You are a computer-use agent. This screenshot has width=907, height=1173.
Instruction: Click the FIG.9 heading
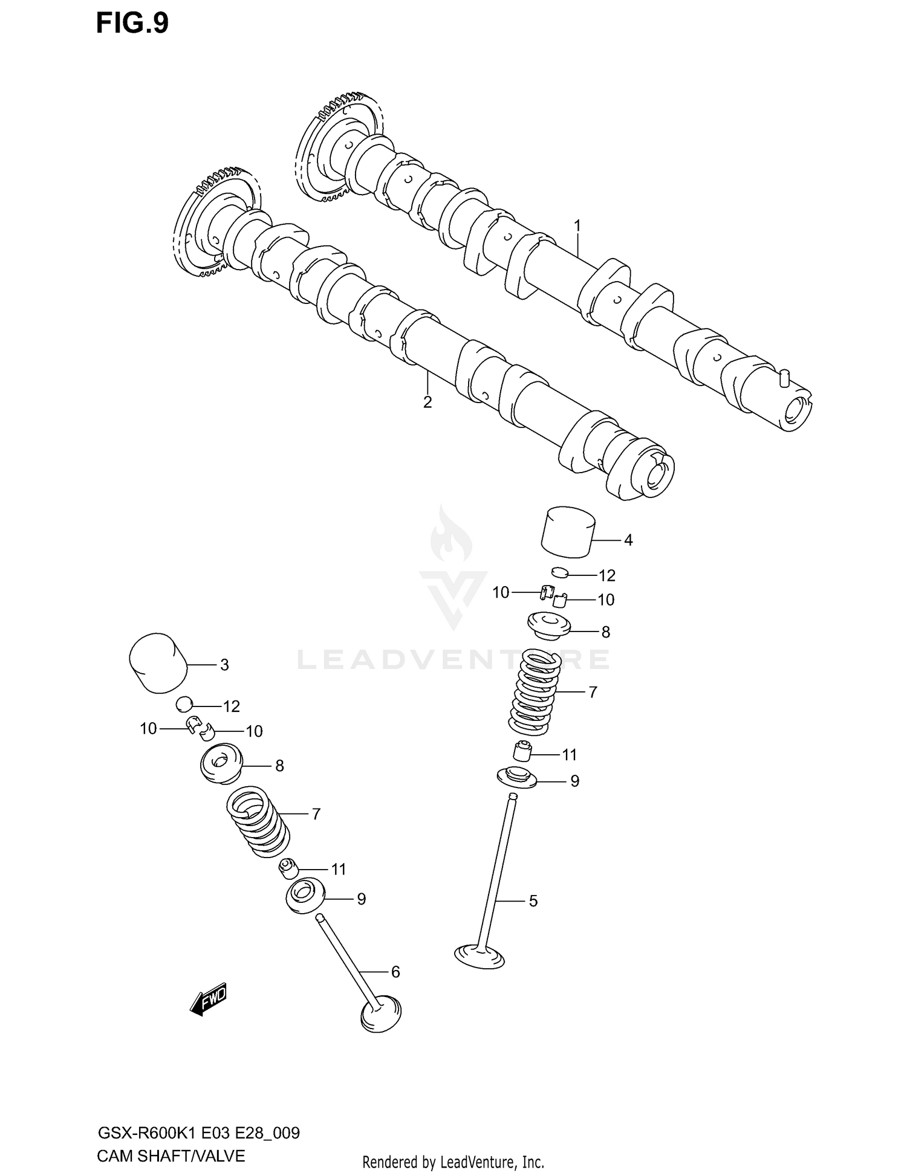(x=132, y=24)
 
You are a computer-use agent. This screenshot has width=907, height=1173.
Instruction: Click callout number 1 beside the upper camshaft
(x=577, y=226)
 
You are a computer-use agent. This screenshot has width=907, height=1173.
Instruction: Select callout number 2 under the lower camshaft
(x=427, y=402)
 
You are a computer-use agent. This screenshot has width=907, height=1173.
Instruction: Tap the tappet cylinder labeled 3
(x=157, y=663)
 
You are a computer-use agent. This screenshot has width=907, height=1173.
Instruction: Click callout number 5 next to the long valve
(x=533, y=901)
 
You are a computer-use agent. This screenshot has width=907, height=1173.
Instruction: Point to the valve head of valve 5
(x=480, y=955)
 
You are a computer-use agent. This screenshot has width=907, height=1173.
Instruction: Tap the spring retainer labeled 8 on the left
(x=221, y=764)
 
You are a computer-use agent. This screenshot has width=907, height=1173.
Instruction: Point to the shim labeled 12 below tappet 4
(x=561, y=572)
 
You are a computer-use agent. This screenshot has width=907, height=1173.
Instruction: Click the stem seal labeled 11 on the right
(x=522, y=752)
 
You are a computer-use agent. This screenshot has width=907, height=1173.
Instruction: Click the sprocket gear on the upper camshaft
(x=327, y=145)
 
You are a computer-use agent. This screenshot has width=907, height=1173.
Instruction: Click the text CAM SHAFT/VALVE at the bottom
(x=171, y=1156)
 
